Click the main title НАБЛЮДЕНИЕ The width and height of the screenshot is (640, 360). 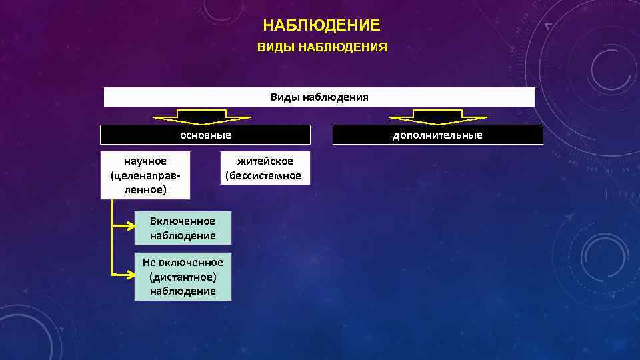coord(321,26)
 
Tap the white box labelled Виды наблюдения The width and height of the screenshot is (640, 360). coord(319,97)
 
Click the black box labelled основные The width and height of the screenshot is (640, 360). coord(205,135)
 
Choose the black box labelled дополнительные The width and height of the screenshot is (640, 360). coord(437,135)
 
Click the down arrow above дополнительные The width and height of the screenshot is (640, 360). coord(437,118)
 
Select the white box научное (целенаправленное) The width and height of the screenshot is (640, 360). coord(145,175)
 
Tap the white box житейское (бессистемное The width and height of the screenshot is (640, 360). coord(265,168)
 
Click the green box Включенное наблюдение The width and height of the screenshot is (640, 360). coord(183,228)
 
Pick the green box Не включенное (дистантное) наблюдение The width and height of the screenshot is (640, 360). coord(183,277)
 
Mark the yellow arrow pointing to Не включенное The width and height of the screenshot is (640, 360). coord(123,273)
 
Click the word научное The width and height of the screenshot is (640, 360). coord(145,161)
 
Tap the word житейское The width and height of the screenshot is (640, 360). coord(265,161)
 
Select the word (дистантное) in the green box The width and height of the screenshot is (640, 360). coord(183,277)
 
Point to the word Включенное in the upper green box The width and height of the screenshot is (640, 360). coord(183,221)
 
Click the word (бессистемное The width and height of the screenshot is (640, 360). coord(263,176)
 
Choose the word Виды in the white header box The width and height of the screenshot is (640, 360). coord(285,97)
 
